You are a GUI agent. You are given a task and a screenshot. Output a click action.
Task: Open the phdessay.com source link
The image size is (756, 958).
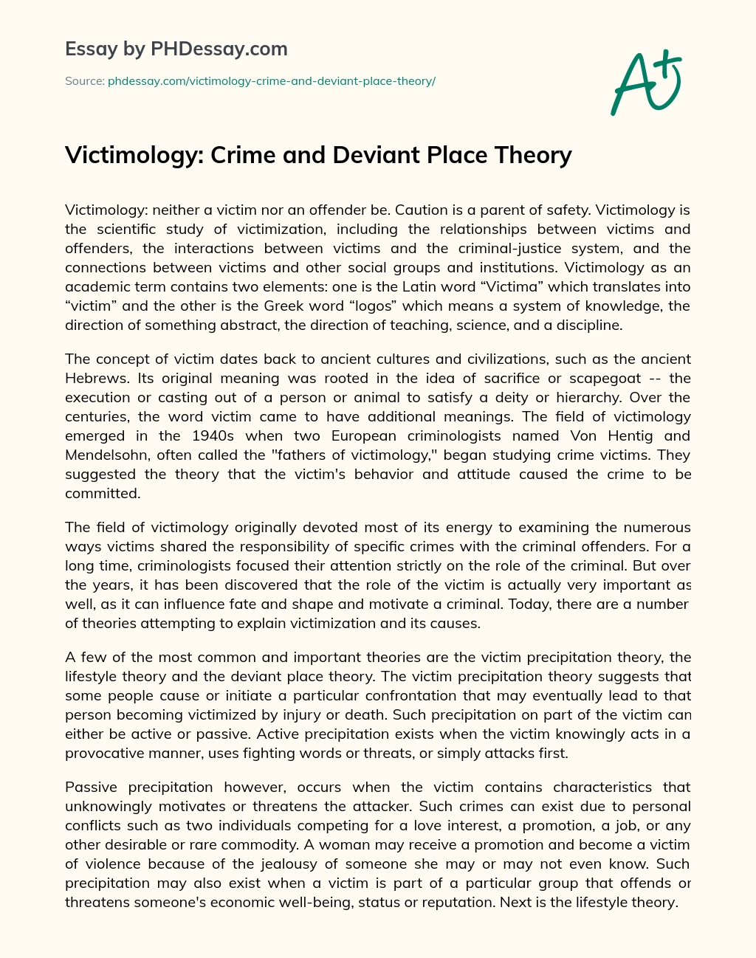271,81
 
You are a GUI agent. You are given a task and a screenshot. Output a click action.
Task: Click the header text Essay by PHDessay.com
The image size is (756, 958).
176,49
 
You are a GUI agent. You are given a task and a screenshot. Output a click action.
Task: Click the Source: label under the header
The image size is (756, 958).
85,81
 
